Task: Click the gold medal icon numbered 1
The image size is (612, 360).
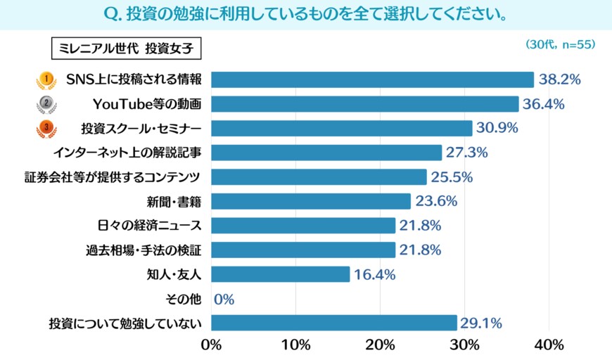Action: coord(46,80)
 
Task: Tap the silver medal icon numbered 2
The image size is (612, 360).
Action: coord(46,104)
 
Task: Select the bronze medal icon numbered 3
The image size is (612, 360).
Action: coord(46,129)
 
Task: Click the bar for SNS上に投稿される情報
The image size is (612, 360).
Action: coord(372,80)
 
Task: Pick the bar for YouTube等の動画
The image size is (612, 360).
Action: coord(364,104)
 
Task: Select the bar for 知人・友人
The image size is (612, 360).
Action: coord(280,274)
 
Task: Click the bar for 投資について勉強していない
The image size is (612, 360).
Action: coord(333,323)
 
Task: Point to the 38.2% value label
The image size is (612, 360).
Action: coord(559,80)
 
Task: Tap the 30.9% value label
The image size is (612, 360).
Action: coord(497,129)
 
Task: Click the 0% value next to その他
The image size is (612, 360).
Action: coord(224,299)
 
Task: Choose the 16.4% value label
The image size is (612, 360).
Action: coord(374,274)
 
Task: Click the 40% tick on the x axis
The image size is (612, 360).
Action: coord(549,345)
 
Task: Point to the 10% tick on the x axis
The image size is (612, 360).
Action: coord(296,345)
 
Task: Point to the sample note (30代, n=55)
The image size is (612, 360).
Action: coord(561,44)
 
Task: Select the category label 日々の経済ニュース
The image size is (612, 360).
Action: coord(150,226)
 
